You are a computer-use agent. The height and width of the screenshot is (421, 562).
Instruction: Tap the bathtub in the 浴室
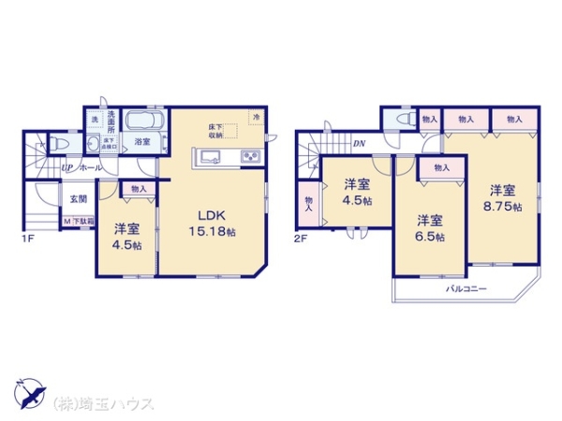pos(141,123)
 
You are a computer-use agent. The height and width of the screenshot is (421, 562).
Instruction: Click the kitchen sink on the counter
pos(207,156)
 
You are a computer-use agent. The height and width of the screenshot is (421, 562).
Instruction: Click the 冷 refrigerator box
pos(254,116)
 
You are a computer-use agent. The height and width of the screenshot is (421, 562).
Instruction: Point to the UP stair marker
pos(67,167)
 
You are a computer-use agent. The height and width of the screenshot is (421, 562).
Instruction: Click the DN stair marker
pos(359,143)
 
